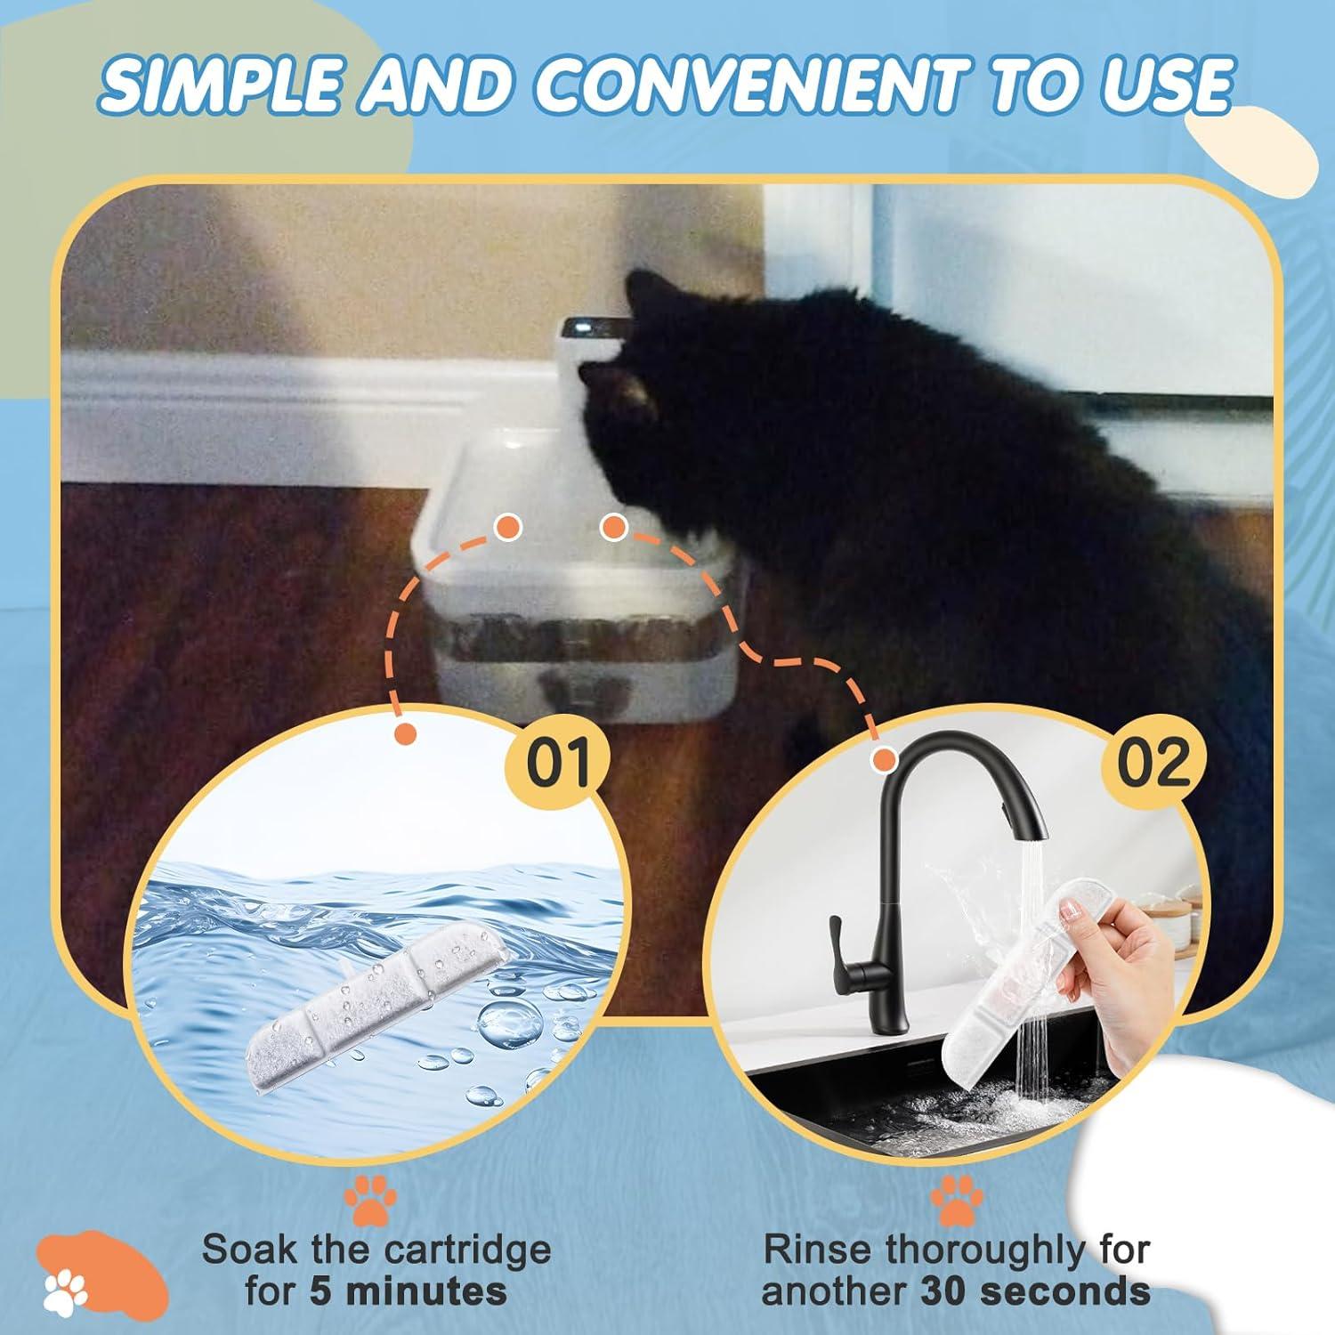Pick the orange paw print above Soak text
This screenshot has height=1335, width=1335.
point(370,1202)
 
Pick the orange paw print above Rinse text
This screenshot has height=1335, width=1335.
point(957,1202)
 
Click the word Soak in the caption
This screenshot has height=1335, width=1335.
point(249,1250)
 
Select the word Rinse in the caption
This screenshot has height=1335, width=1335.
point(819,1250)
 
